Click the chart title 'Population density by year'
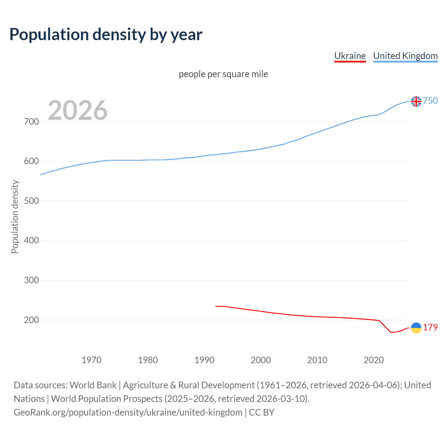(106, 34)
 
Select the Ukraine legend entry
(350, 56)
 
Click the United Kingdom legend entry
(405, 56)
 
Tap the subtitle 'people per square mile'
(223, 74)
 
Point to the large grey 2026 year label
(78, 110)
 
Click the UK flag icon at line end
(416, 101)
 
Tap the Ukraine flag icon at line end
(416, 328)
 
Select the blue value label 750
(430, 101)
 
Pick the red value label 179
(430, 327)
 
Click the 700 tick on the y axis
(31, 122)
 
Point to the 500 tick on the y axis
(31, 201)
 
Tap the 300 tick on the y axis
(31, 280)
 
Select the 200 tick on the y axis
(31, 320)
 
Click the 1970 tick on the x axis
(91, 360)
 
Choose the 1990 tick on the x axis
(204, 360)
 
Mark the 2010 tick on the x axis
(317, 360)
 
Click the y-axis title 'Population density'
(15, 217)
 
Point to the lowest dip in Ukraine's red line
(391, 332)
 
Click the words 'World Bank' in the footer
(93, 385)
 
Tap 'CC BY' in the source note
(262, 412)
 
